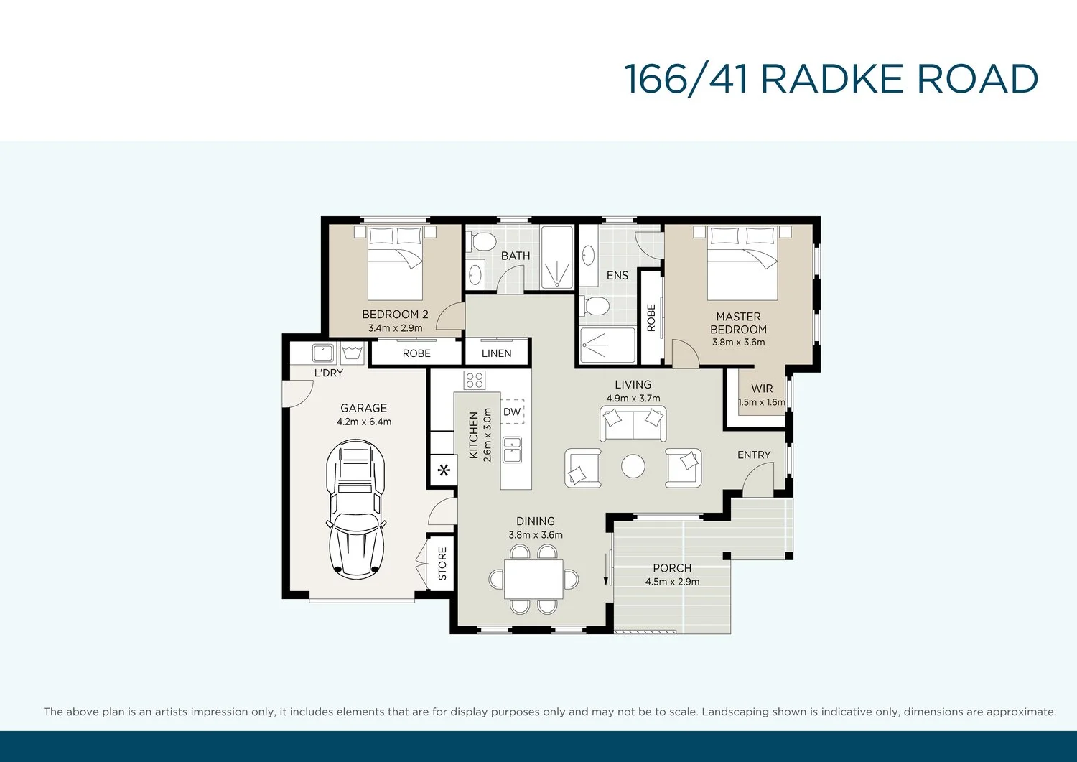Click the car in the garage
355,509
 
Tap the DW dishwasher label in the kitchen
512,412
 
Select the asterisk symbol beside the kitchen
444,470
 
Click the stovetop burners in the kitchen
475,380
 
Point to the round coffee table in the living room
633,466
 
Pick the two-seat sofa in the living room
633,423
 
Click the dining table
533,579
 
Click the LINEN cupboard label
497,353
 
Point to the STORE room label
442,563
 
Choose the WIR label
762,389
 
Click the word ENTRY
754,455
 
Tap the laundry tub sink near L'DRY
323,353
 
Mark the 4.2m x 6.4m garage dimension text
364,422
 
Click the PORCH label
672,568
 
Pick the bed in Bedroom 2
395,264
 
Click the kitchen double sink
512,450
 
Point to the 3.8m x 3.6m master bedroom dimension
739,343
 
